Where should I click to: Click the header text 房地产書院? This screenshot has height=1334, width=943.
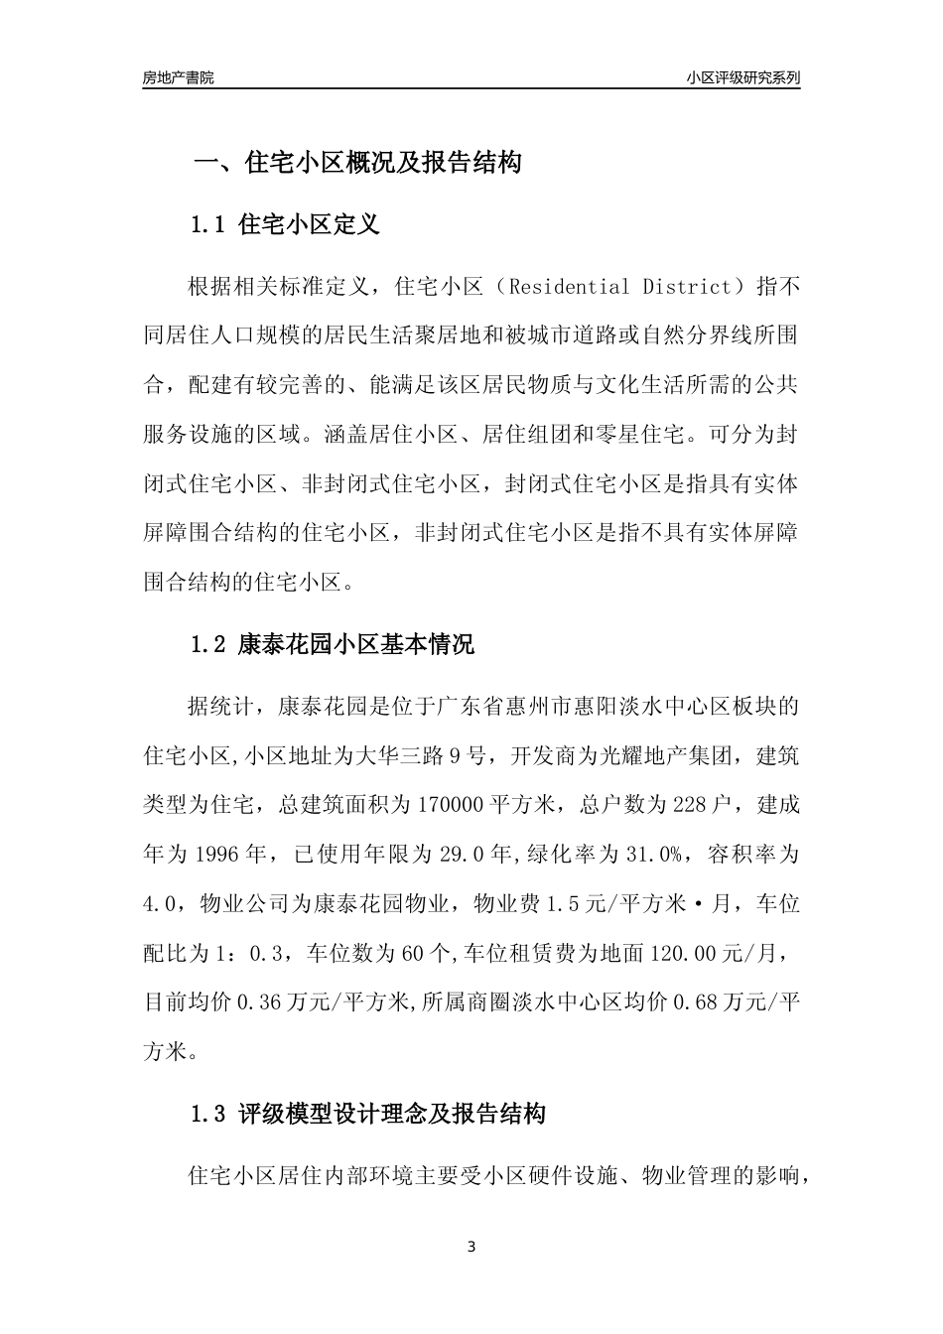tap(178, 78)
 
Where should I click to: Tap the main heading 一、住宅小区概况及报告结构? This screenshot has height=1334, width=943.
tap(356, 163)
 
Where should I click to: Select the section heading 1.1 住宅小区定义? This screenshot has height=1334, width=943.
tap(285, 224)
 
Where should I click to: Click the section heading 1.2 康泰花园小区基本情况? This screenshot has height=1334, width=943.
tap(332, 644)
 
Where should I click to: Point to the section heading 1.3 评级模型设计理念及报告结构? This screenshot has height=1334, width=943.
tap(367, 1114)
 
